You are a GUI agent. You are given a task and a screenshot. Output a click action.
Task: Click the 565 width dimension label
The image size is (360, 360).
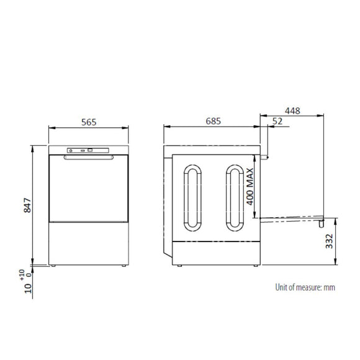(89, 122)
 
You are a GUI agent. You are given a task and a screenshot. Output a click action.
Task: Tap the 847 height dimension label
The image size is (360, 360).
(27, 205)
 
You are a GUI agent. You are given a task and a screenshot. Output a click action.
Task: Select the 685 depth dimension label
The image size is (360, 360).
(214, 121)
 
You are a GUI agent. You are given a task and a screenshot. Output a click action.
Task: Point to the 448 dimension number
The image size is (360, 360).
(292, 111)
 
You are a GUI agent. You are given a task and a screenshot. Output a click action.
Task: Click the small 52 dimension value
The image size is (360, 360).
(277, 121)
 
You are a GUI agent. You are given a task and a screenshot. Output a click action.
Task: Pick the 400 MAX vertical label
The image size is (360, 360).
(250, 186)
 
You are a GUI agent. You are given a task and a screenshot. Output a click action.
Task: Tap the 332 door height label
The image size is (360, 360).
(329, 241)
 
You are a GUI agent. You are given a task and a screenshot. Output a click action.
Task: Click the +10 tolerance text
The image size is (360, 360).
(22, 275)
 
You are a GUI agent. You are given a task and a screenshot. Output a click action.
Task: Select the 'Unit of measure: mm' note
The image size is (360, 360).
(305, 287)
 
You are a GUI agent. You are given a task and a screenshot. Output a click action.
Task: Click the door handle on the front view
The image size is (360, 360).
(89, 157)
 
